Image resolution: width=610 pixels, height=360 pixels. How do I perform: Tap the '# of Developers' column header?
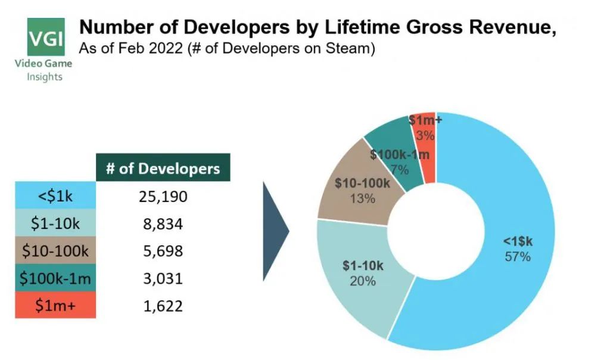click(x=163, y=168)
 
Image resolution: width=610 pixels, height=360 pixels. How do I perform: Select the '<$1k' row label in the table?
click(x=55, y=196)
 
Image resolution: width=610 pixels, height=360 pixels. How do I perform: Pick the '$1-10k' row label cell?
click(x=55, y=224)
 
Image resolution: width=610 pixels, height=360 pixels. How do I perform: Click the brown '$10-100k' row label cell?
click(x=55, y=251)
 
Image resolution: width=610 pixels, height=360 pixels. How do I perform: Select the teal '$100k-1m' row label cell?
click(x=55, y=278)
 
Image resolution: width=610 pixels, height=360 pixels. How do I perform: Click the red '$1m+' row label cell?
click(x=55, y=306)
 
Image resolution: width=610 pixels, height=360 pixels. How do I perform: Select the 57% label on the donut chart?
click(x=516, y=257)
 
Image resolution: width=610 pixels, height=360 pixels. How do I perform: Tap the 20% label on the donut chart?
click(x=363, y=281)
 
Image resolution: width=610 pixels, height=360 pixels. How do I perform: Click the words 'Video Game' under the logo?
click(x=44, y=64)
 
